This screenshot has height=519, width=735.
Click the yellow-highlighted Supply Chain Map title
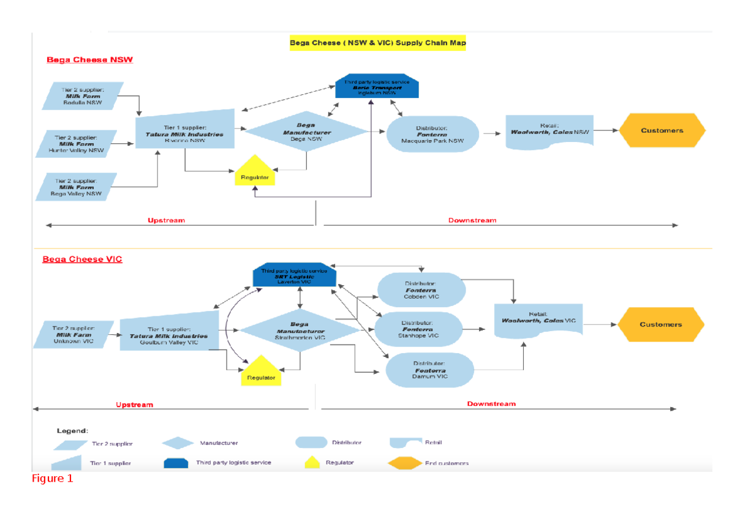click(x=377, y=43)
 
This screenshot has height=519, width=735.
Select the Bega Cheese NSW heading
click(x=90, y=60)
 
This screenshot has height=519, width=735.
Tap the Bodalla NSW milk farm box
click(x=83, y=96)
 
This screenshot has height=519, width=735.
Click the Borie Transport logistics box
click(x=377, y=88)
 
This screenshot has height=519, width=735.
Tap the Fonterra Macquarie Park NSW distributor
click(x=432, y=134)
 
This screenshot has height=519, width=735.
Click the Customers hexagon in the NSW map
click(x=661, y=130)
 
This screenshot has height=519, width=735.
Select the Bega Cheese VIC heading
click(x=82, y=259)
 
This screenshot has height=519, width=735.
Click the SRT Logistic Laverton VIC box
click(x=295, y=277)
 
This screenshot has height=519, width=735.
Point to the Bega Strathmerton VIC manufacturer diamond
click(x=300, y=330)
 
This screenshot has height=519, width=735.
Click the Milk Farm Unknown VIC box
click(x=73, y=335)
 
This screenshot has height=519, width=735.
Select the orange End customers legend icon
click(x=404, y=463)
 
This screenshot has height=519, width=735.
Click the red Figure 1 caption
click(x=53, y=479)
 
